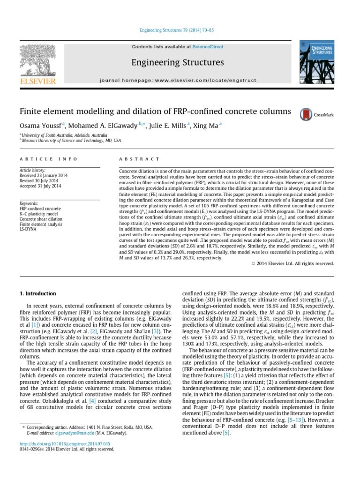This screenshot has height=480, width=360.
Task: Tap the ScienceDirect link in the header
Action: [x=208, y=47]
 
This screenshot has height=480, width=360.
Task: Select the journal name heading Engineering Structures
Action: [x=177, y=62]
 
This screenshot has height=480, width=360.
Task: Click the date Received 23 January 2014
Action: [x=43, y=176]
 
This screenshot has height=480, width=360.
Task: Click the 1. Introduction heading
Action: [x=37, y=294]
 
